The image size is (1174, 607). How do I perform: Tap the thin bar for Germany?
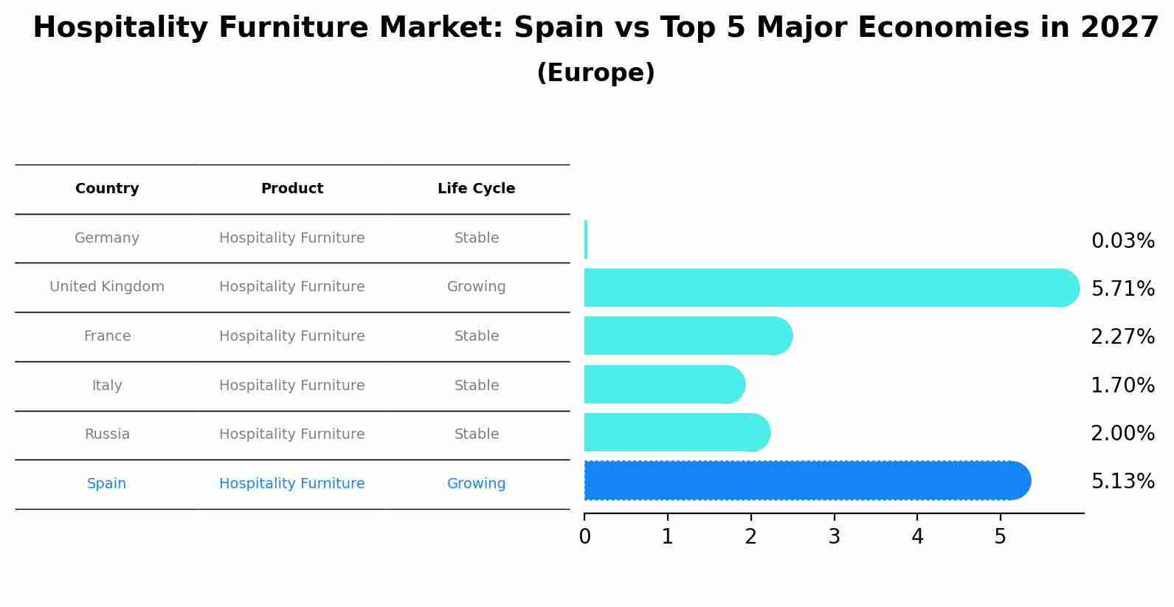coord(586,240)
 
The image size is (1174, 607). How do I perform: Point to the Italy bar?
coord(664,384)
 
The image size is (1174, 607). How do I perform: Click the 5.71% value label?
coord(1122,289)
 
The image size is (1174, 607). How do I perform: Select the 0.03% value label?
coord(1122,241)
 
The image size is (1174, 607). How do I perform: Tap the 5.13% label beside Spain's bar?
coord(1122,482)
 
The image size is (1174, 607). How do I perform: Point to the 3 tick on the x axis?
coord(834,537)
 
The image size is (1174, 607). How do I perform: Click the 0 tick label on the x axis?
coord(584,537)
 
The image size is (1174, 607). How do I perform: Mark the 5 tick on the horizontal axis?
coord(1000,537)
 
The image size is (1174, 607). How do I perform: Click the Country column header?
coord(107,189)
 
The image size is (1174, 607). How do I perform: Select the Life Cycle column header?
coord(476,189)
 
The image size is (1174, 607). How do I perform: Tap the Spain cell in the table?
coord(106,484)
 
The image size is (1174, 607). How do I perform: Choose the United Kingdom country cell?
coord(107,287)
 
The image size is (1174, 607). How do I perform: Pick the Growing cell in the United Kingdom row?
coord(476,287)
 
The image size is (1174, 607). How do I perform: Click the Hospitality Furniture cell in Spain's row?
coord(291,484)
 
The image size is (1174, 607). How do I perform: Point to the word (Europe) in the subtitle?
coord(595,73)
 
